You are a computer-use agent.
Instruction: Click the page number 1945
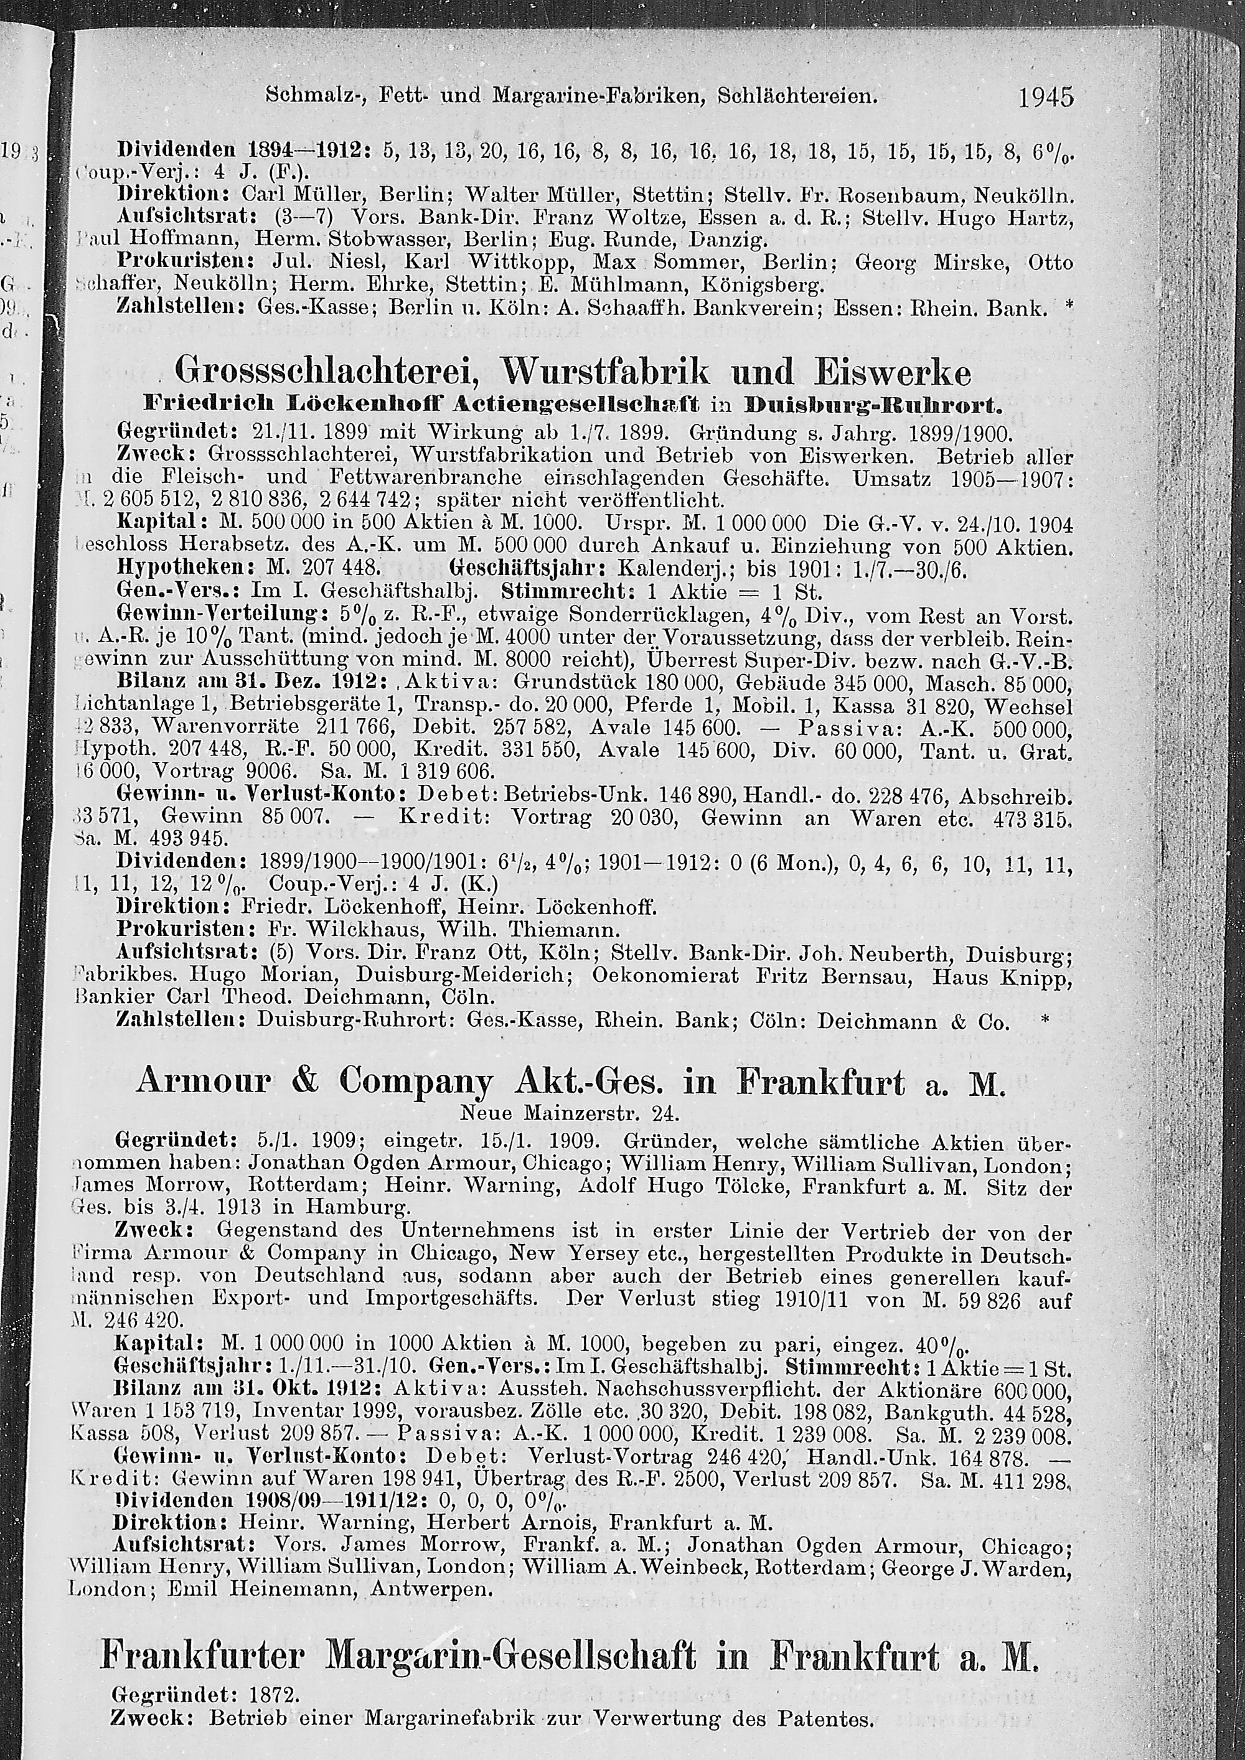coord(1046,97)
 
